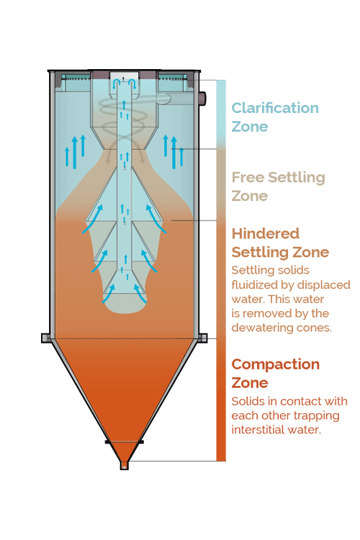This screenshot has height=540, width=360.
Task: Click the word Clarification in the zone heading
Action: tap(275, 108)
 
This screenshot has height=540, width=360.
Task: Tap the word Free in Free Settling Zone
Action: tap(248, 177)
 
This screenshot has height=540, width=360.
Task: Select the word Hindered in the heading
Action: tap(265, 233)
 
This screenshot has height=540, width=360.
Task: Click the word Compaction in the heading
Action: tap(276, 364)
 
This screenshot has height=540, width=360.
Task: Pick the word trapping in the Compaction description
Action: tap(315, 416)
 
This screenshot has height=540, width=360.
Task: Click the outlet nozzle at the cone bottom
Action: tap(125, 465)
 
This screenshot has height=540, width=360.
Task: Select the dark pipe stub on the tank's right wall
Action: tap(202, 98)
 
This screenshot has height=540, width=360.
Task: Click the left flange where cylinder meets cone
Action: tap(46, 338)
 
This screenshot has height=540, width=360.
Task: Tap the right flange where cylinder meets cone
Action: tap(202, 338)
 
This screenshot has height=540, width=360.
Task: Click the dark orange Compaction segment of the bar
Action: tap(221, 400)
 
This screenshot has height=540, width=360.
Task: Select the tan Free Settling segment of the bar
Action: tap(221, 184)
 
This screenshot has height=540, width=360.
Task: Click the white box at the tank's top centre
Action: tap(124, 76)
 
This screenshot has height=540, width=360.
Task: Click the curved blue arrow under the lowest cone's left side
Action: tap(109, 294)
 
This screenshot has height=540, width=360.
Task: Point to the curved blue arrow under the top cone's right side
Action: tap(156, 219)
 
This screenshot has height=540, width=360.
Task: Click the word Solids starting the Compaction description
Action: tap(244, 401)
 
